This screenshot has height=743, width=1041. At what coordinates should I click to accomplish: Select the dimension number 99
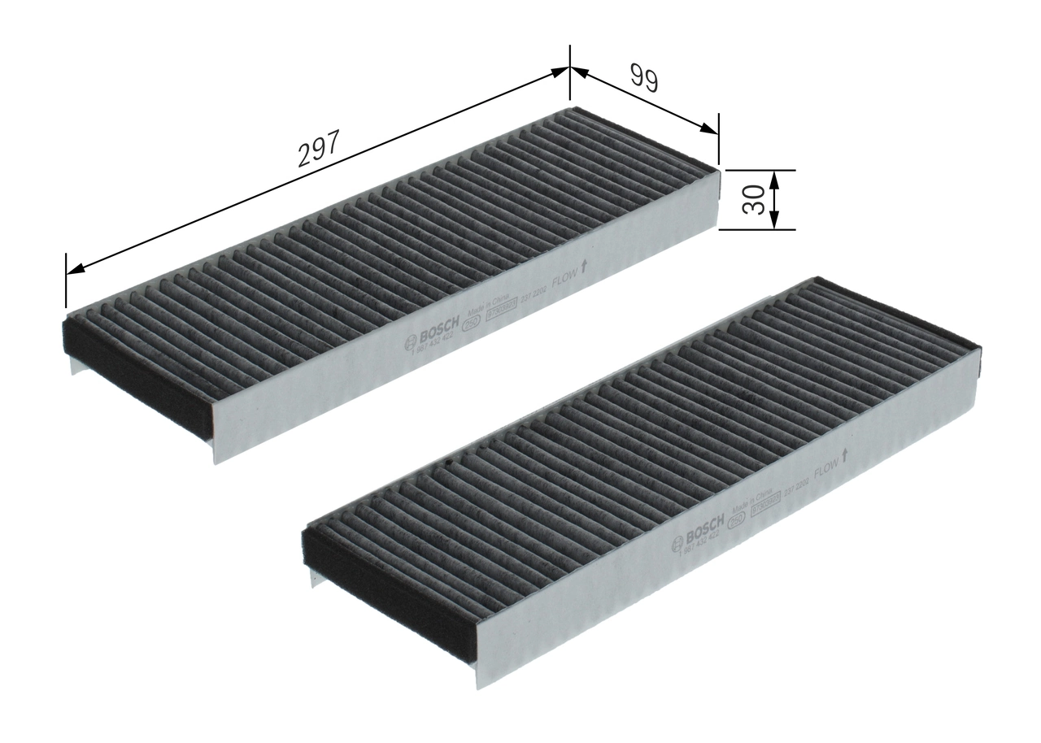tap(643, 79)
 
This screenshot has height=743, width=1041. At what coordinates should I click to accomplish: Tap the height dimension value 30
tap(754, 200)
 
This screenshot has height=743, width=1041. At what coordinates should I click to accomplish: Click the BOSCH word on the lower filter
tap(704, 533)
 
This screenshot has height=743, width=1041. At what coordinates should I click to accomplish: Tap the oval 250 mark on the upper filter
tap(470, 327)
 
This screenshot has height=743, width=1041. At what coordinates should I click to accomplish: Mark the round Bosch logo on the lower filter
tap(677, 545)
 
